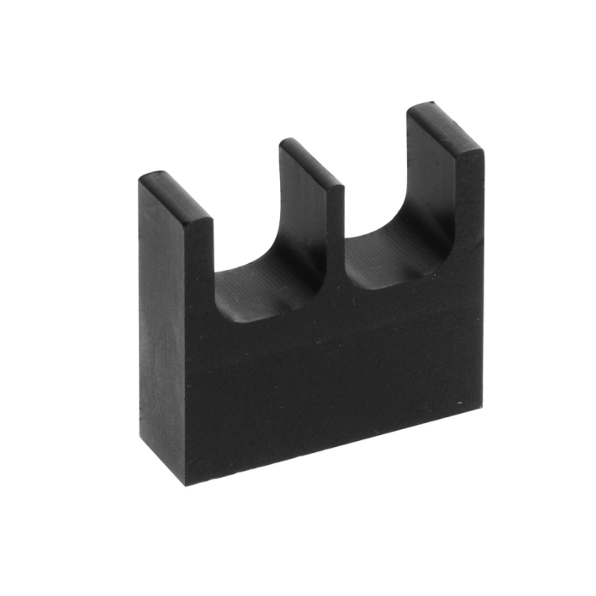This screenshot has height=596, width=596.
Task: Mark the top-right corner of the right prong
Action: coord(484,153)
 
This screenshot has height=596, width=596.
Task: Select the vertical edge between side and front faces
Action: coord(186,358)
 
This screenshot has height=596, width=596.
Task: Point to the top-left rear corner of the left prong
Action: coord(141,179)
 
